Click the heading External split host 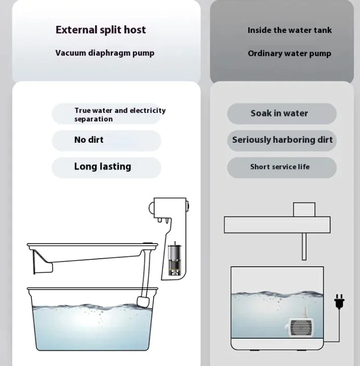click(101, 30)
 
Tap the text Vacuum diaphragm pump click(105, 53)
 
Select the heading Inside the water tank click(290, 30)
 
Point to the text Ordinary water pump click(289, 54)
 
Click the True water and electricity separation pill click(107, 114)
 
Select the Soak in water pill click(282, 114)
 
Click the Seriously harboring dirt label click(282, 140)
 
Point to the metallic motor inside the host click(174, 258)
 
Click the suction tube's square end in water click(143, 302)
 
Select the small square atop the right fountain click(304, 210)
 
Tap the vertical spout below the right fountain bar click(304, 246)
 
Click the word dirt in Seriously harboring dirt click(325, 140)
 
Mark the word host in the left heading click(135, 30)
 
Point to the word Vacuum click(71, 53)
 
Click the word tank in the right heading click(323, 30)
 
